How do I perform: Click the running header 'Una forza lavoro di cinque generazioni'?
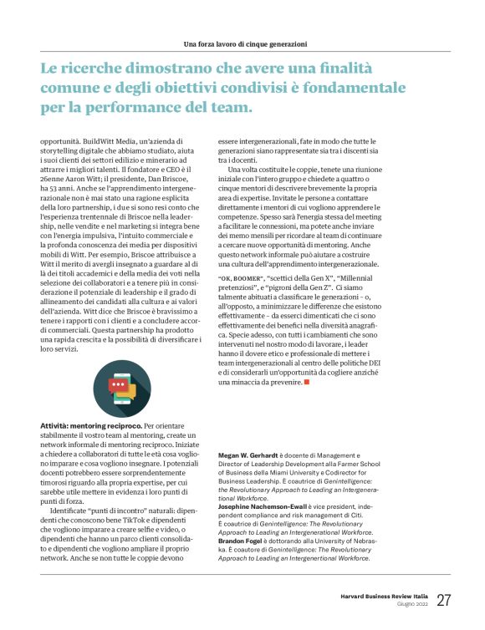tap(246, 43)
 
